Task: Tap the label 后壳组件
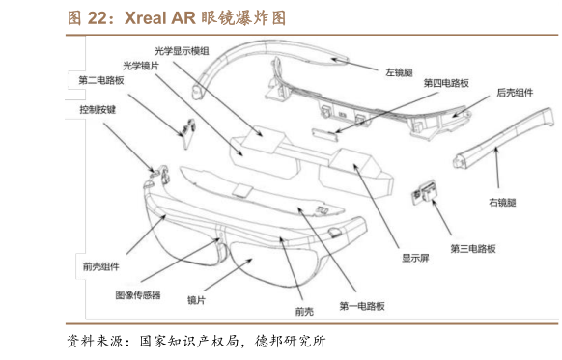(517, 93)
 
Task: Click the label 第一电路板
(362, 305)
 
